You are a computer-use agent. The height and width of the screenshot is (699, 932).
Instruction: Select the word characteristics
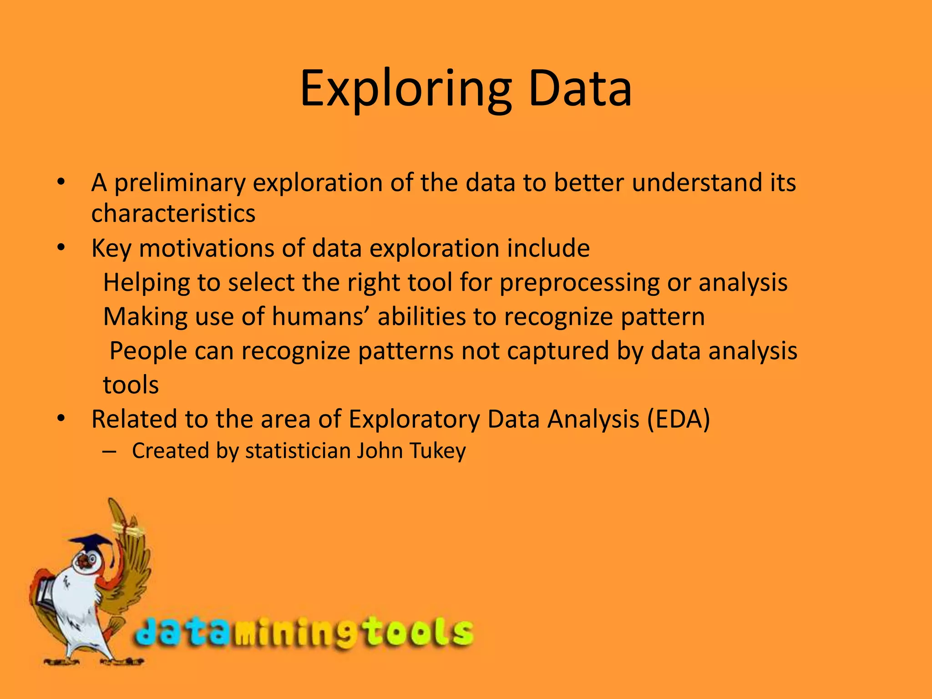173,213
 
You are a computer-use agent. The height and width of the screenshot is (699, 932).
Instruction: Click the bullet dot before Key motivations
61,248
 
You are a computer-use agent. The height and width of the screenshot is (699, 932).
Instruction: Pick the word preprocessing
579,283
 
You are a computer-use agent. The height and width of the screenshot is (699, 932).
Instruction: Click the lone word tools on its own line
131,385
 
